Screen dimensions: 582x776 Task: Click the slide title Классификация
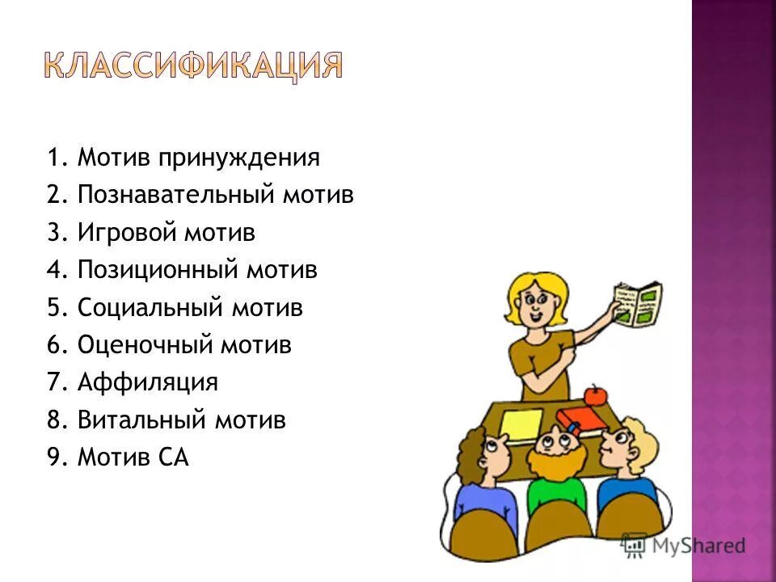(x=192, y=65)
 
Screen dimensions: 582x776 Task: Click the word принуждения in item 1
(x=238, y=158)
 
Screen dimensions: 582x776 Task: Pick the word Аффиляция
(x=148, y=383)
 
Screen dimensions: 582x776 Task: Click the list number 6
(x=54, y=346)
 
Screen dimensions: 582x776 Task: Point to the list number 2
(x=54, y=196)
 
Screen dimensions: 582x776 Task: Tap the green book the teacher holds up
(x=638, y=304)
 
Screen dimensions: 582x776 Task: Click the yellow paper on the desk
(x=521, y=423)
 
